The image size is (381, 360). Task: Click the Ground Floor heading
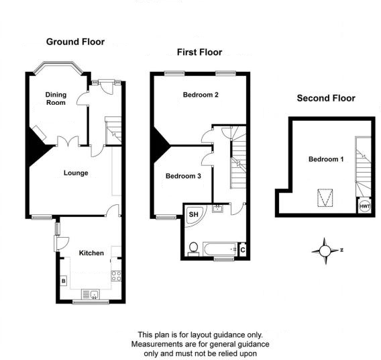point(75,42)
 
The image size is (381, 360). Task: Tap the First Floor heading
point(199,52)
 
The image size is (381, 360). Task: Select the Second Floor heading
point(326,98)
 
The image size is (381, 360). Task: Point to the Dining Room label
point(56,99)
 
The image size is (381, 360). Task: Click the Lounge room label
point(76,173)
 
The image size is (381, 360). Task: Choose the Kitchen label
point(91,253)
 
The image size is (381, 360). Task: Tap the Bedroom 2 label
point(201,95)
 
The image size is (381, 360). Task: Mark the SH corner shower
point(193,214)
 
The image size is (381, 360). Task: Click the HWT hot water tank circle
point(364,206)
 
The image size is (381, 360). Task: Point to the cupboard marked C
point(242,250)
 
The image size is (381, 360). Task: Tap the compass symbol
point(325,251)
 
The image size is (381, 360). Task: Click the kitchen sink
point(89,294)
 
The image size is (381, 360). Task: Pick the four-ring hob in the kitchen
point(115,275)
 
